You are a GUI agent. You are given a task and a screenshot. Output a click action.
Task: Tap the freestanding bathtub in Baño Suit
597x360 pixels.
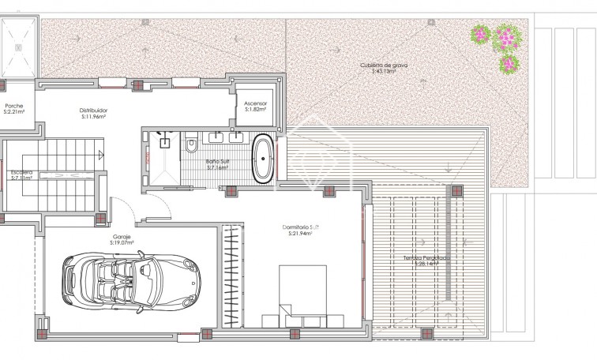(263, 158)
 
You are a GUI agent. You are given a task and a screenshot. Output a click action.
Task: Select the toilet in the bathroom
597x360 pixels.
(192, 147)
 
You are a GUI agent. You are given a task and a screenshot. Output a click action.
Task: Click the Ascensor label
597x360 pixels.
(255, 103)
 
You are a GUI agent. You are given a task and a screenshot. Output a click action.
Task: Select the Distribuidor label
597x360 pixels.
(93, 110)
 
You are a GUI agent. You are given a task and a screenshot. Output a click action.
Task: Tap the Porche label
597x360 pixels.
(14, 106)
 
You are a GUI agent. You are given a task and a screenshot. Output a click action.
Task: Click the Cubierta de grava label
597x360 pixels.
(384, 66)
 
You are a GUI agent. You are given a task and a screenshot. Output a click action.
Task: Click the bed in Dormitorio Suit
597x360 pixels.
(303, 291)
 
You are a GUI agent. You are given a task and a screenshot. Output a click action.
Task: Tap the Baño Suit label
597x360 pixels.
(217, 161)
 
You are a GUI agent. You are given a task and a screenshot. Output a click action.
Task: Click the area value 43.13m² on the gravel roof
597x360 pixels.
(384, 72)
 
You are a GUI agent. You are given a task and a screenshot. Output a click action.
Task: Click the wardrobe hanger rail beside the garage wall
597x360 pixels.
(232, 272)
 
